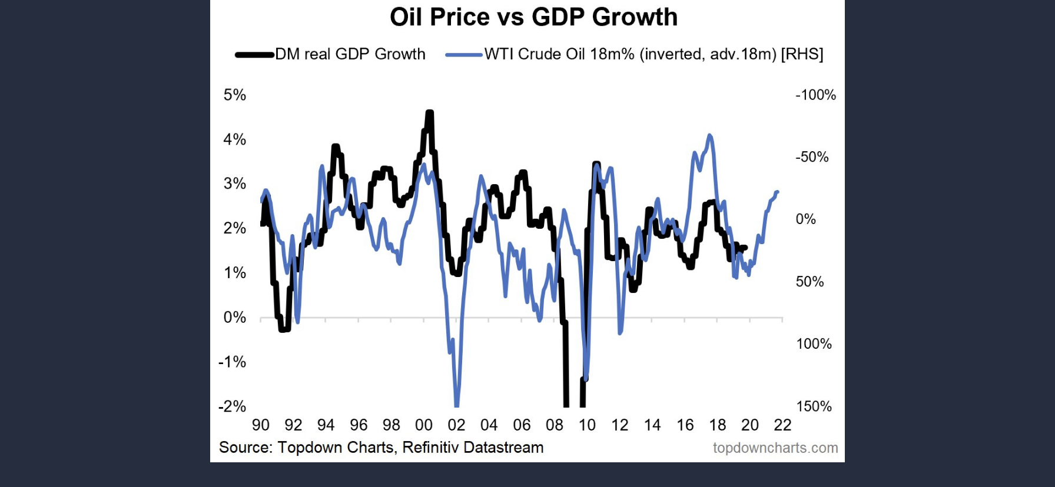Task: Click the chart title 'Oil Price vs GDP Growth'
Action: (x=533, y=17)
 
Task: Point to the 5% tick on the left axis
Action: (x=234, y=95)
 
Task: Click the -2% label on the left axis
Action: (x=232, y=406)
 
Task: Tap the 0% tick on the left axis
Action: (x=234, y=318)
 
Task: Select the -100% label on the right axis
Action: (x=815, y=95)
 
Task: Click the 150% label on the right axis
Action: (x=814, y=406)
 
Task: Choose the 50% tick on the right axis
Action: (x=810, y=282)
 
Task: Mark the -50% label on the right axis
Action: (x=812, y=157)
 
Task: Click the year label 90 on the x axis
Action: (x=260, y=425)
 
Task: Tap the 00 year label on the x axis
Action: (x=424, y=425)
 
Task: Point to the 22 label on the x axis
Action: (x=782, y=425)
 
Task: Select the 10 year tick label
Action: (x=587, y=425)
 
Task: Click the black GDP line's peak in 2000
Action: (x=430, y=112)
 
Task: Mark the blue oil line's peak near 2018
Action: (x=710, y=135)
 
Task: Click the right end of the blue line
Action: (x=778, y=192)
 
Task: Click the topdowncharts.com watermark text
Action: (x=775, y=448)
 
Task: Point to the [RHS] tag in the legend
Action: (x=802, y=54)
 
